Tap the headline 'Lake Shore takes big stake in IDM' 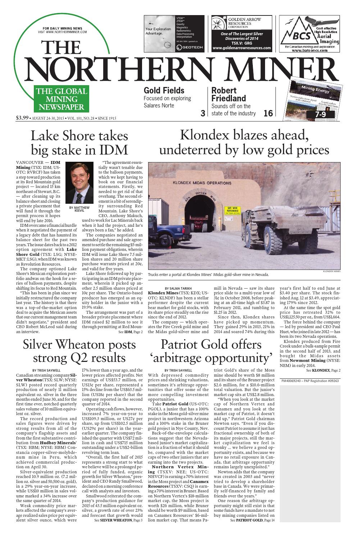79,142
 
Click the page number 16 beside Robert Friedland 268,113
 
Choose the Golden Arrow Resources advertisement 241,33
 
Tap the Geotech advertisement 174,33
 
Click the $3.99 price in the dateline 22,117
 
